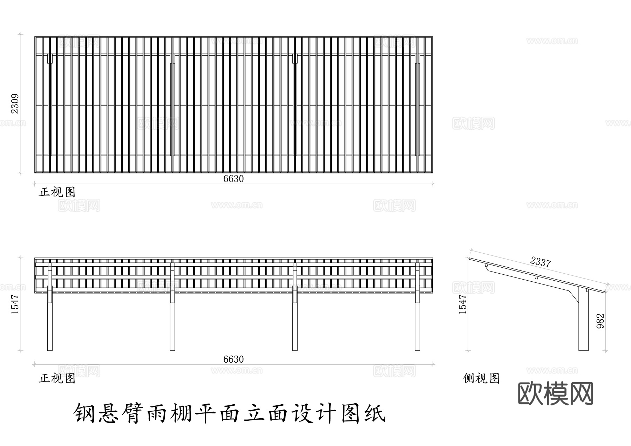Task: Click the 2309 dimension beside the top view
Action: (15, 104)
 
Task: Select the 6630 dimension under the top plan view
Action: (233, 179)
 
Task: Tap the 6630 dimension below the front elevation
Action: (233, 359)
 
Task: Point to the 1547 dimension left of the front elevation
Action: (15, 304)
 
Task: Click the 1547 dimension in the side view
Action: (463, 304)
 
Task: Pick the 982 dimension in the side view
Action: (601, 321)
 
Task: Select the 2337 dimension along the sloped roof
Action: (540, 262)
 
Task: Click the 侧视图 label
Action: (481, 378)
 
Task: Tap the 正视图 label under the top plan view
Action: (57, 192)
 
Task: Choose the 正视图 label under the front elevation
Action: (57, 378)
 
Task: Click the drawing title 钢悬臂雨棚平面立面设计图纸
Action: (230, 414)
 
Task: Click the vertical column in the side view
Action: (583, 322)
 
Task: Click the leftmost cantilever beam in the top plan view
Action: (50, 105)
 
